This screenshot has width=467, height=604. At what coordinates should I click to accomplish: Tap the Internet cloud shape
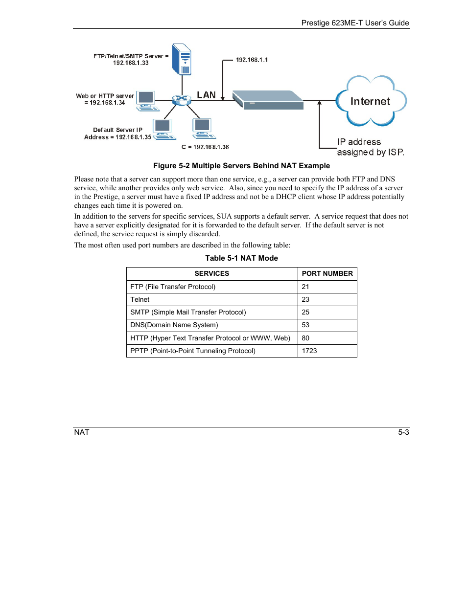click(371, 101)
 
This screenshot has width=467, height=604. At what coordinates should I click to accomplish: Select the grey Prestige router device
click(268, 100)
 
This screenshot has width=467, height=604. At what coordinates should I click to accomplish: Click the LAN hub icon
click(181, 100)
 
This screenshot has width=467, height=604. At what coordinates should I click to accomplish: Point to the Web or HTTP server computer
click(146, 100)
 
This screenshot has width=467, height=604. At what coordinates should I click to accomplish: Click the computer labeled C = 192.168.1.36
click(203, 128)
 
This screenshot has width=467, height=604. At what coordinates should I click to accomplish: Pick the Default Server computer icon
click(163, 129)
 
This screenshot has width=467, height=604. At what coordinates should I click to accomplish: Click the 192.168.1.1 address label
click(252, 60)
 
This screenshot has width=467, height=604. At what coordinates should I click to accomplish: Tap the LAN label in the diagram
click(206, 95)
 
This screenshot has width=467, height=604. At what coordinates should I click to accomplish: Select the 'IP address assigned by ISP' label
click(370, 147)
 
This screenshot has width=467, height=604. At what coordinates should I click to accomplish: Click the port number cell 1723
click(309, 351)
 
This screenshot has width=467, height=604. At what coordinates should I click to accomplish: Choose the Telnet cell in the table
click(140, 299)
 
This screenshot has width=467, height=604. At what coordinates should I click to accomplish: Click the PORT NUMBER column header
click(327, 273)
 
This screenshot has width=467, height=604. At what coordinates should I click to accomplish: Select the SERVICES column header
click(211, 273)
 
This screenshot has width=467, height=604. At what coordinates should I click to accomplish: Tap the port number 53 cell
click(305, 325)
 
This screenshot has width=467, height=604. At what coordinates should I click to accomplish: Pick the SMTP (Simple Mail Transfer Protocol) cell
click(188, 312)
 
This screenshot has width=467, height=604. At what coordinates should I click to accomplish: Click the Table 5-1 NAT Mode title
click(241, 258)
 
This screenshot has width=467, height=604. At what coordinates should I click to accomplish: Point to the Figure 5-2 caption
click(241, 166)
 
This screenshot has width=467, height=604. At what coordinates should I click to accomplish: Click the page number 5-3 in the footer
click(403, 432)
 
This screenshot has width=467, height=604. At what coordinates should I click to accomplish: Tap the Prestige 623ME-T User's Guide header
click(355, 23)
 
